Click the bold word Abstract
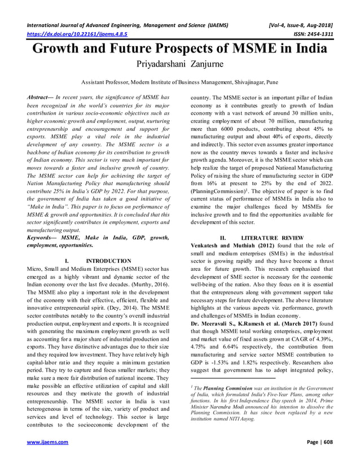[x=39, y=98]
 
